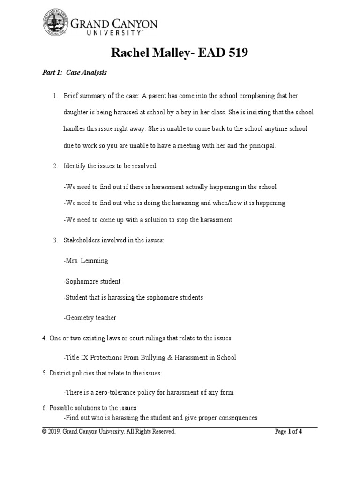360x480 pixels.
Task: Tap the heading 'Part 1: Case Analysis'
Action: click(72, 73)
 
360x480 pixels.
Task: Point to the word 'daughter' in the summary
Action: click(76, 113)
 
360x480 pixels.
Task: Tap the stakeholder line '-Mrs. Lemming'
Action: click(86, 261)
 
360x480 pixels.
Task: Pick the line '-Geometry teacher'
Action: click(90, 318)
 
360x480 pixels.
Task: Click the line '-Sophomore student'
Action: click(92, 281)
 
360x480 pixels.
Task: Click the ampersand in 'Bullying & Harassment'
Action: click(163, 358)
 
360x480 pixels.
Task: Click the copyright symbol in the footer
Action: click(44, 432)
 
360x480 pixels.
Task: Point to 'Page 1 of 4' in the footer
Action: click(288, 432)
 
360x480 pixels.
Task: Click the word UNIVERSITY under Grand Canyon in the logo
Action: click(113, 33)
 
